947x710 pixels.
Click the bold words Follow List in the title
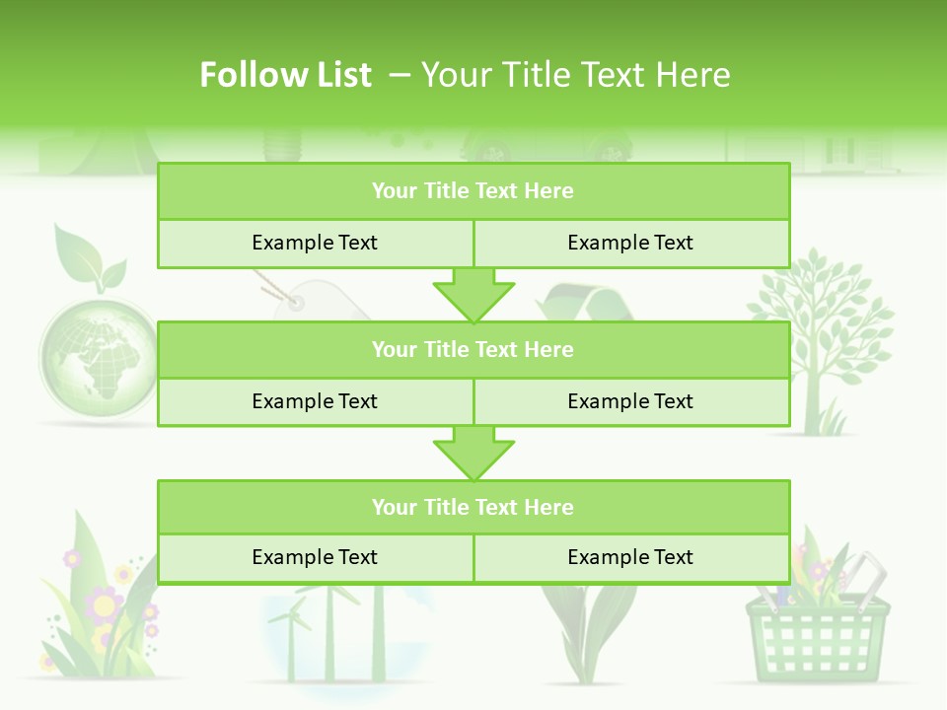tap(285, 75)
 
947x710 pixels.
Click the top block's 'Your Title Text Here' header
tap(473, 191)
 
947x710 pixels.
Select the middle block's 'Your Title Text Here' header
tap(473, 349)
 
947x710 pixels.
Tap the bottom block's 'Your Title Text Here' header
tap(473, 507)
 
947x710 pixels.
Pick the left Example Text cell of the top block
tap(315, 243)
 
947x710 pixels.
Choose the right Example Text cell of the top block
tap(630, 243)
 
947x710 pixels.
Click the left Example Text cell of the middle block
tap(315, 401)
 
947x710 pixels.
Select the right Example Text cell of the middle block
tap(630, 401)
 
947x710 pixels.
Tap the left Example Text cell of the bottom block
tap(315, 557)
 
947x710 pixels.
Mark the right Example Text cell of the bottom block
tap(630, 557)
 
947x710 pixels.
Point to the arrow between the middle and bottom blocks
tap(473, 453)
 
